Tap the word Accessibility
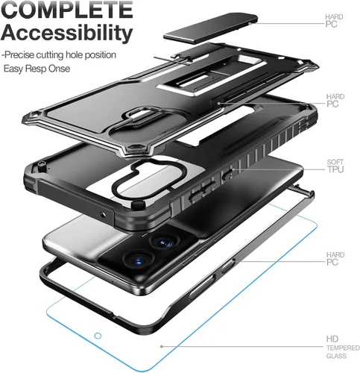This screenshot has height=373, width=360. (67, 33)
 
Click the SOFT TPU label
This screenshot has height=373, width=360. (335, 166)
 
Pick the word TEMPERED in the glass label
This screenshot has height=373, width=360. (343, 348)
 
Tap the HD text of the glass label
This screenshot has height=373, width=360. (332, 339)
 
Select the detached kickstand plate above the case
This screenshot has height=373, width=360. (211, 28)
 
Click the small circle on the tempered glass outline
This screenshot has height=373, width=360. (98, 336)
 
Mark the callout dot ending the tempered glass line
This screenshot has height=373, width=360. (162, 346)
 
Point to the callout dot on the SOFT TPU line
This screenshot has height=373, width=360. (233, 169)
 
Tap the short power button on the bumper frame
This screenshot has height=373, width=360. (228, 266)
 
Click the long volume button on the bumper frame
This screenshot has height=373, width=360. (202, 286)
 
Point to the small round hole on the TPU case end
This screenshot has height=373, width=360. (103, 214)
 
